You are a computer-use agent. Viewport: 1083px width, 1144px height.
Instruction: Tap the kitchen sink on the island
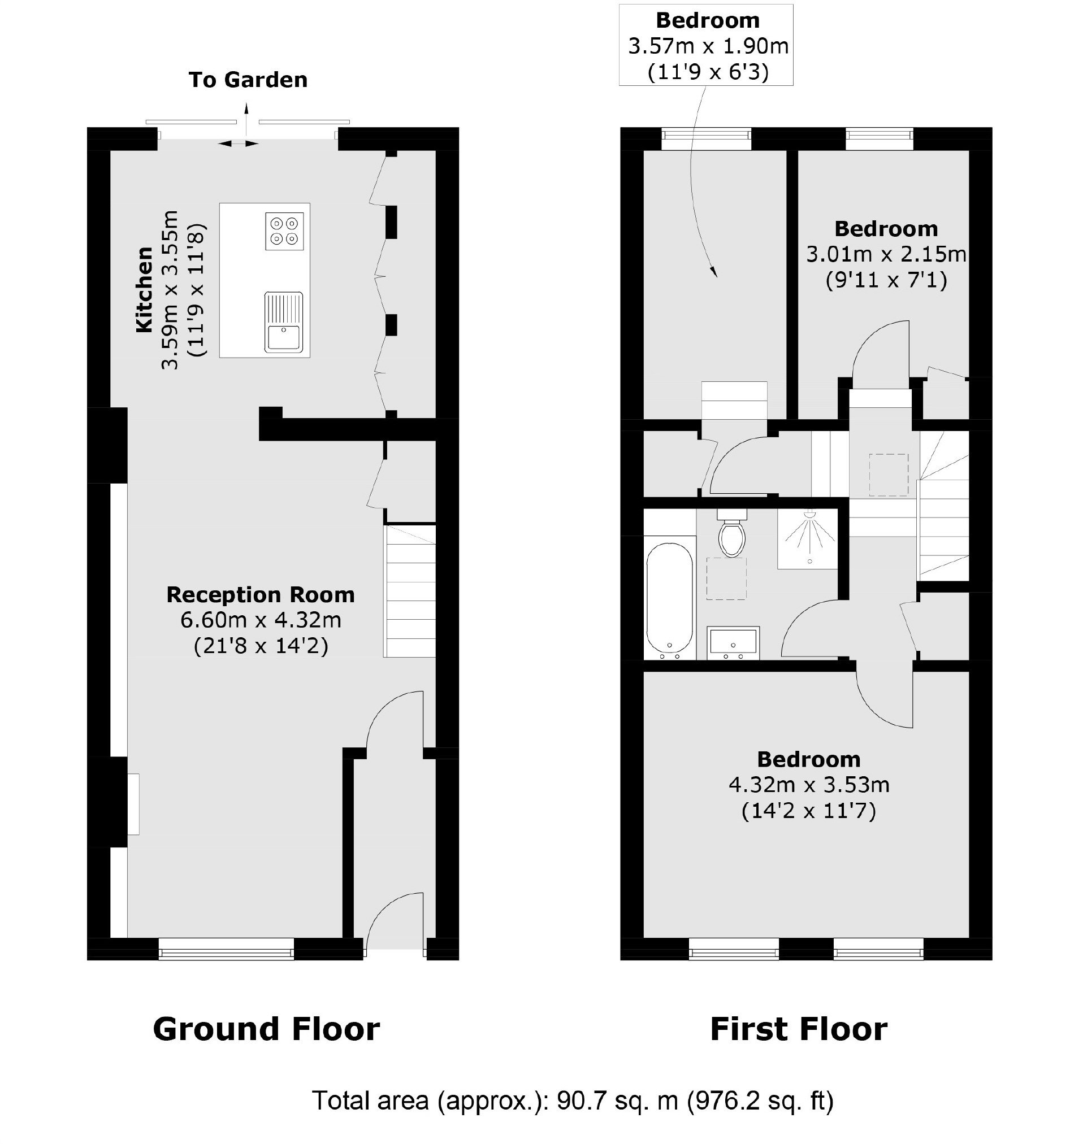click(283, 322)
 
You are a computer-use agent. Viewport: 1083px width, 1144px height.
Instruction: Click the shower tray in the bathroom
click(808, 539)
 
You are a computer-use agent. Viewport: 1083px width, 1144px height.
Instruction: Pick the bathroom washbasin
click(733, 643)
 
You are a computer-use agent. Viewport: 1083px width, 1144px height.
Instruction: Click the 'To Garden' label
click(248, 80)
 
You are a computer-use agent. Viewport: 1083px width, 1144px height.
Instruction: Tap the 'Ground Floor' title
click(266, 1029)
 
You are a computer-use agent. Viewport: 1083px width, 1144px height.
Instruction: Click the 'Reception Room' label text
click(261, 594)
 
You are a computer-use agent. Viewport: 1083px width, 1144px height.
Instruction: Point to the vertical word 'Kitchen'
click(144, 290)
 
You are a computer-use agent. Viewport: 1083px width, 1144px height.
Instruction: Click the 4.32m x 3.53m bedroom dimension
click(809, 785)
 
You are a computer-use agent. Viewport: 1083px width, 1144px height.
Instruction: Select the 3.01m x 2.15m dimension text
click(886, 254)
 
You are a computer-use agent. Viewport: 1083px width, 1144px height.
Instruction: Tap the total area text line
click(573, 1100)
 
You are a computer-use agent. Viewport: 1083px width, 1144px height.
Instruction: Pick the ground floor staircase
click(410, 590)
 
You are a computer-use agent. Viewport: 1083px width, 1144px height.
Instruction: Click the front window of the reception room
click(226, 948)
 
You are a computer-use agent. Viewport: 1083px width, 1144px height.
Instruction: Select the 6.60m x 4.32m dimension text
click(261, 620)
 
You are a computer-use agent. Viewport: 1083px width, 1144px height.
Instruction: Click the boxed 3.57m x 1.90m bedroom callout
click(706, 45)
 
